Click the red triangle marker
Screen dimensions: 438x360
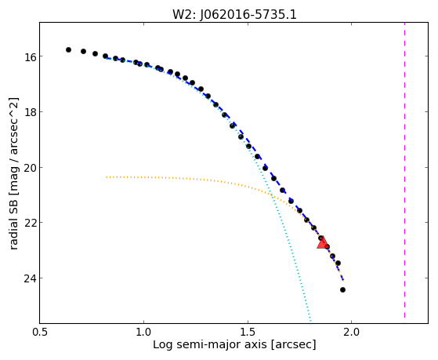[323, 243]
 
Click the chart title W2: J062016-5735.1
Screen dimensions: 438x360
[234, 14]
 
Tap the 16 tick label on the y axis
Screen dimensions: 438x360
[30, 56]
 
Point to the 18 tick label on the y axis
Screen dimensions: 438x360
[30, 112]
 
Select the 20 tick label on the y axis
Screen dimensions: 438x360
[30, 168]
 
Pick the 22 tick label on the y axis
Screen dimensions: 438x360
[30, 223]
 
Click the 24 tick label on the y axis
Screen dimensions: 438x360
[30, 278]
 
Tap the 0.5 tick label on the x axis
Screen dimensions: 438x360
[40, 333]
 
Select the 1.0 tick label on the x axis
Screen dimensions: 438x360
[143, 333]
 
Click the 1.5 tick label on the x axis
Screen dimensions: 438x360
[248, 333]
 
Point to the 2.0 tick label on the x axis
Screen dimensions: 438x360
[351, 333]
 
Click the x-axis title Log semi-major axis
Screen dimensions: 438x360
[209, 345]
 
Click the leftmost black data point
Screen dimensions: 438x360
[68, 49]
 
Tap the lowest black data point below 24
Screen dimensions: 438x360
[342, 289]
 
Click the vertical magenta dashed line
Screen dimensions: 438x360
[404, 170]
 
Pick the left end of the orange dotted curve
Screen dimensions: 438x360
[107, 177]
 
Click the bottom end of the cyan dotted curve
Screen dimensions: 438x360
[310, 321]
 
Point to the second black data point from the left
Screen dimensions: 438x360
[83, 51]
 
